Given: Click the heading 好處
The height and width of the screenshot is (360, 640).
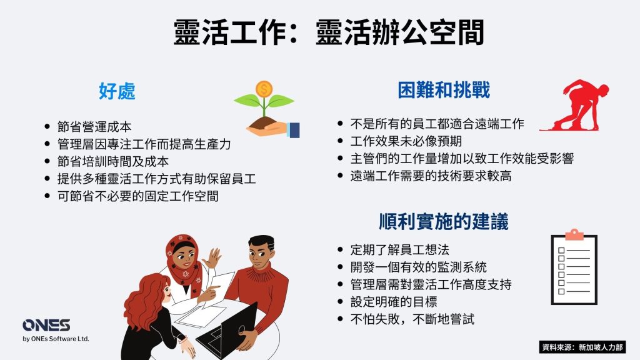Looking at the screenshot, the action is point(117,91).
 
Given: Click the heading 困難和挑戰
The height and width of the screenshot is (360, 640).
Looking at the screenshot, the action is point(444,90).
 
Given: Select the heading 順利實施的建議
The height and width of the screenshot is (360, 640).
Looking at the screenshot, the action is point(444,222).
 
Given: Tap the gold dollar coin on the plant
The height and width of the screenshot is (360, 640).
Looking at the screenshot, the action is point(264,89).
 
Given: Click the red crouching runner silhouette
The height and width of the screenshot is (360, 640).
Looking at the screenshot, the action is point(576,105).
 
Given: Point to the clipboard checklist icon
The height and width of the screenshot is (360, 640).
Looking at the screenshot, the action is point(574,267).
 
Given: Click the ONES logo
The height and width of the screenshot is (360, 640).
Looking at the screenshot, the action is point(46,325).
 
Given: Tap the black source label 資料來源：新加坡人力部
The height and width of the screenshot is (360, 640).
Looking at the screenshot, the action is point(582,347).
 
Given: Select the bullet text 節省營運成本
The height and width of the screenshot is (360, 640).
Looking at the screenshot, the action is point(94,127).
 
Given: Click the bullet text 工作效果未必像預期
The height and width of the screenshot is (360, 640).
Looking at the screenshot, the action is point(406,141).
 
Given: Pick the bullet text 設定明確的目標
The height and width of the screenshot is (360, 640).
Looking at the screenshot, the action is point(394,302).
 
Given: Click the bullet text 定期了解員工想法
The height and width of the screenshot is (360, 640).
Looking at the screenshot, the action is point(400,250).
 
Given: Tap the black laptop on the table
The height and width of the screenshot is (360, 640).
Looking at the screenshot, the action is point(227,331).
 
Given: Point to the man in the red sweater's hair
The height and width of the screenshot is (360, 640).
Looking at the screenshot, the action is point(262,242).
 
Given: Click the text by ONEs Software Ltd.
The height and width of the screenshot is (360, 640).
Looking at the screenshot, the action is point(56,339).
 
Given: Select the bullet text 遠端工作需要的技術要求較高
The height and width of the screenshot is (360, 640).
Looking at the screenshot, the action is point(431,176).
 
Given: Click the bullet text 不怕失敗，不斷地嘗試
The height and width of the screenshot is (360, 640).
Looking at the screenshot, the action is point(412,319).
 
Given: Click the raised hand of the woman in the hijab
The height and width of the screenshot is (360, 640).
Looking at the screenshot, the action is point(212,257).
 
